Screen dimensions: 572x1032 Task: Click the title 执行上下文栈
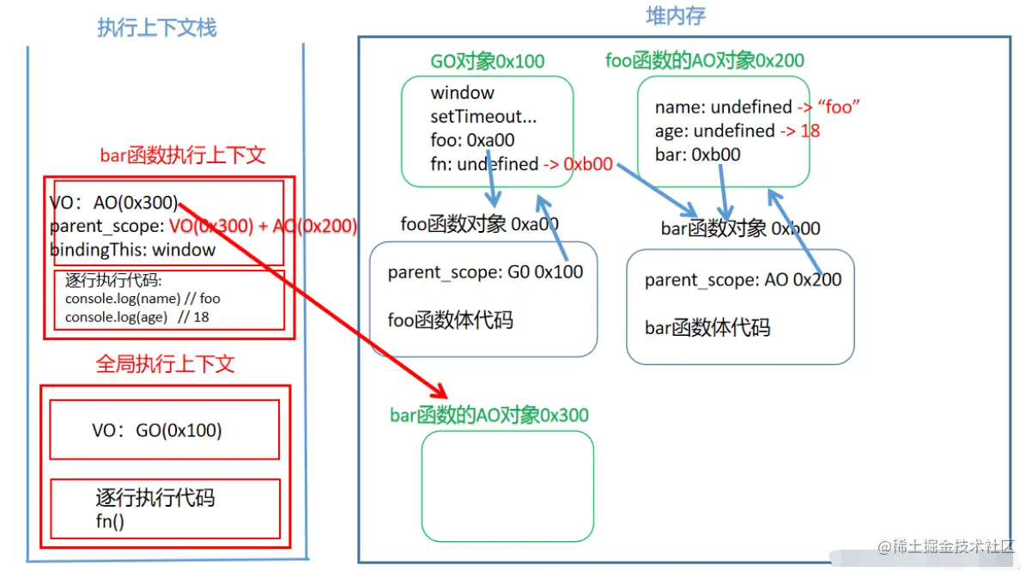pos(157,27)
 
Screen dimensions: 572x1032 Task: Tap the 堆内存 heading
pos(676,15)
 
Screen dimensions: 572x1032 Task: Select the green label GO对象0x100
pos(488,61)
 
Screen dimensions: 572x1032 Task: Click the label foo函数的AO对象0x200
pos(705,60)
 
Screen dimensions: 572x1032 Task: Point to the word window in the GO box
pos(463,93)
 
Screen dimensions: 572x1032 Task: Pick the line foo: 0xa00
pos(473,139)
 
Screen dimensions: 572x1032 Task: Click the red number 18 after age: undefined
pos(810,131)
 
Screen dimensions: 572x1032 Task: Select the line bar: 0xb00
pos(697,155)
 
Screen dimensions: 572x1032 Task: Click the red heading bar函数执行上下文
pos(183,155)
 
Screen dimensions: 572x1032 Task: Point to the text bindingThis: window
pos(132,250)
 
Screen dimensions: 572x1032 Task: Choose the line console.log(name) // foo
pos(143,299)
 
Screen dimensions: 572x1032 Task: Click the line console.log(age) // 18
pos(137,316)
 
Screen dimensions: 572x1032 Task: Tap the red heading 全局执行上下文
pos(165,363)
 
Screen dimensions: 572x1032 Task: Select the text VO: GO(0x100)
pos(157,430)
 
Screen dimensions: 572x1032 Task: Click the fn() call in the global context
pos(110,520)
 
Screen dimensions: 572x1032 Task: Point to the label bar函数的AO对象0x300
pos(489,416)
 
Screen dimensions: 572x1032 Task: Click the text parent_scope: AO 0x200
pos(744,280)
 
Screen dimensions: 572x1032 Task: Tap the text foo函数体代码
pos(451,320)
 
